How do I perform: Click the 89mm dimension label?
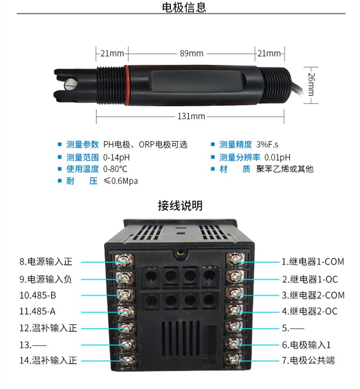[192, 53]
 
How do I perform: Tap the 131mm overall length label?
[191, 116]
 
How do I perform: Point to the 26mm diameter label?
[311, 84]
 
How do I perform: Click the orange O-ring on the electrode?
[126, 85]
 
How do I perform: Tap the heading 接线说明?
[180, 205]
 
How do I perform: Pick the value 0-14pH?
[117, 157]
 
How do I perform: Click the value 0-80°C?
[115, 169]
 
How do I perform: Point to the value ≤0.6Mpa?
[120, 181]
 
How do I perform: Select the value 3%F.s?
[267, 144]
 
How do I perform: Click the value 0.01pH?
[277, 157]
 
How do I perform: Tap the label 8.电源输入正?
[46, 262]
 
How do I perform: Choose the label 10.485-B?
[38, 295]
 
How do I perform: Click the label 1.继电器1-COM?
[313, 262]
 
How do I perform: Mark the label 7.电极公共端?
[308, 360]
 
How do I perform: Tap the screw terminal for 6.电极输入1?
[234, 344]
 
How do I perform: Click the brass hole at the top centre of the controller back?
[180, 253]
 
